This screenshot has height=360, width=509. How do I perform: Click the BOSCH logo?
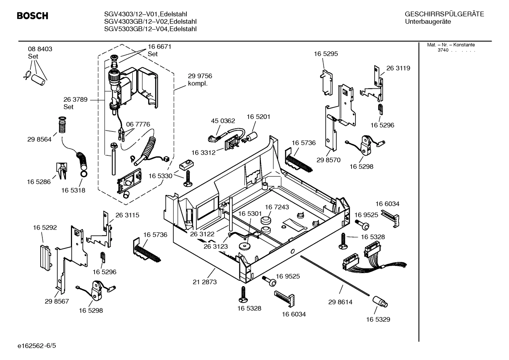(x=32, y=16)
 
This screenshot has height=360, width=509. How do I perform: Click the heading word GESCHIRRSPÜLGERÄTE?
(x=444, y=14)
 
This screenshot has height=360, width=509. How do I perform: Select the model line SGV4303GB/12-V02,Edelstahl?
(x=150, y=22)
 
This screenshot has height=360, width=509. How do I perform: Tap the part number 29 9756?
(x=200, y=76)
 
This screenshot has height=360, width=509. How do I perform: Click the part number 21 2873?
(x=205, y=282)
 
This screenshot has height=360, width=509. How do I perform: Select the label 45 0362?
(x=223, y=121)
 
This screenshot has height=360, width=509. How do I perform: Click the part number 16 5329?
(x=378, y=319)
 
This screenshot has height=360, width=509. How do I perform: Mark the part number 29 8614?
(x=340, y=302)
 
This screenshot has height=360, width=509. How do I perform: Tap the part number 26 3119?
(x=398, y=68)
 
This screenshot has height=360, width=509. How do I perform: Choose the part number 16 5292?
(x=45, y=228)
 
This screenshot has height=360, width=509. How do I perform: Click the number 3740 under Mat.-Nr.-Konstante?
(x=443, y=50)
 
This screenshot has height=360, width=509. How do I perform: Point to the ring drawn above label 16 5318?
(x=84, y=174)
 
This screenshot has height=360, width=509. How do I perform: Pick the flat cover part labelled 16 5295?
(x=327, y=82)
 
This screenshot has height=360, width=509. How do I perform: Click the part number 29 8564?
(x=39, y=140)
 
